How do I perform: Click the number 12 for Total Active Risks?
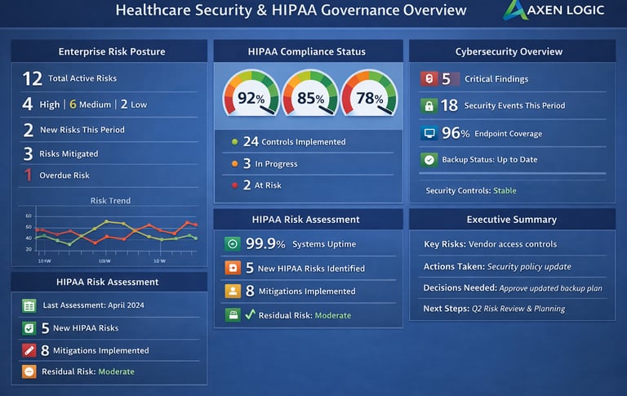[x=32, y=78]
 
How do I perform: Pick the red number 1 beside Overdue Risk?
[x=28, y=175]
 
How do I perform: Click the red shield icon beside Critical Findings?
[x=428, y=79]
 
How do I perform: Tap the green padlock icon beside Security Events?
[x=428, y=105]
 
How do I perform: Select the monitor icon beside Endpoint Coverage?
[x=428, y=133]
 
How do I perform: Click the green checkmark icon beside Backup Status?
[x=428, y=160]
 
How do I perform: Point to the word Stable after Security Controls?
[x=504, y=191]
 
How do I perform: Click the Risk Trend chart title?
[x=110, y=201]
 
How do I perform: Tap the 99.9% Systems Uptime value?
[x=265, y=243]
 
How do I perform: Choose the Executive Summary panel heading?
[x=511, y=220]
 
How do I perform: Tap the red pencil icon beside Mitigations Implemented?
[x=29, y=350]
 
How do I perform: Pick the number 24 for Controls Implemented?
[x=251, y=141]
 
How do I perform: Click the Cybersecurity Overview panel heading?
[x=509, y=51]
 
